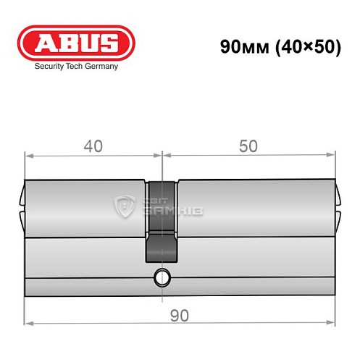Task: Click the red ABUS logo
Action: coord(75,42)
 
